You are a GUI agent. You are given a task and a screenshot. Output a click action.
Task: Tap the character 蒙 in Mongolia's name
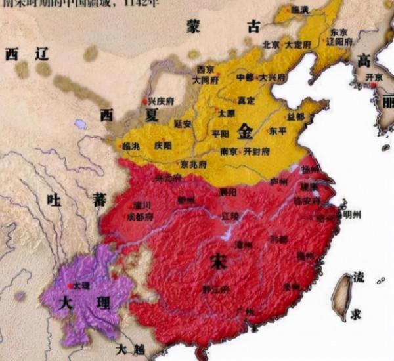pos(192,27)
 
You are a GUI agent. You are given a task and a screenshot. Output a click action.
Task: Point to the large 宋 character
pos(217,261)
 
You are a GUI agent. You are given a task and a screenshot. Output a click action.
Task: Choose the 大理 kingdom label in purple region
pos(71,306)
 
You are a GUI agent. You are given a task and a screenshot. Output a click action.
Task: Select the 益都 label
pos(296,116)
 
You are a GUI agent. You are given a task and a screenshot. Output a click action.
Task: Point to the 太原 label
pos(226,113)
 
